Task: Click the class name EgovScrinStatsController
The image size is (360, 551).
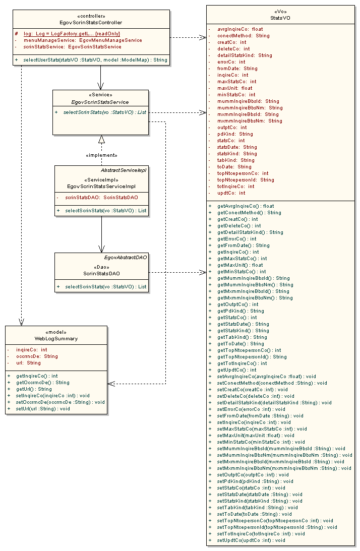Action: [91, 22]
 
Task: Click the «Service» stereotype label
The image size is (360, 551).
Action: [101, 95]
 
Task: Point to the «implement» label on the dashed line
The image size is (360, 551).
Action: [101, 155]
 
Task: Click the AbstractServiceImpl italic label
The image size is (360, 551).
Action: [124, 170]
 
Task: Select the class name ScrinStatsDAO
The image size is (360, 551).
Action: [101, 274]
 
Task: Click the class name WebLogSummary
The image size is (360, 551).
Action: [56, 339]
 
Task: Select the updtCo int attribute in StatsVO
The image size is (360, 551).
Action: [231, 193]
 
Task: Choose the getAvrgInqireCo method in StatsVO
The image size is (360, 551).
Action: [246, 206]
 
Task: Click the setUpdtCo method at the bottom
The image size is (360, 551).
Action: [251, 540]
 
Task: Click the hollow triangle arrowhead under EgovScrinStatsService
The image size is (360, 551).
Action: [101, 139]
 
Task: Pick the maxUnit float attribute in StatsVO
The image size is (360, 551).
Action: [235, 88]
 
